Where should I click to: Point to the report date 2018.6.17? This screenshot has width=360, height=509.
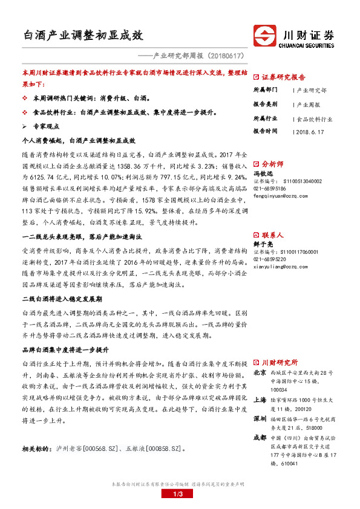coord(310,131)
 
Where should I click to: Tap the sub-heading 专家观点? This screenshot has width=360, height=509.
coord(46,127)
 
